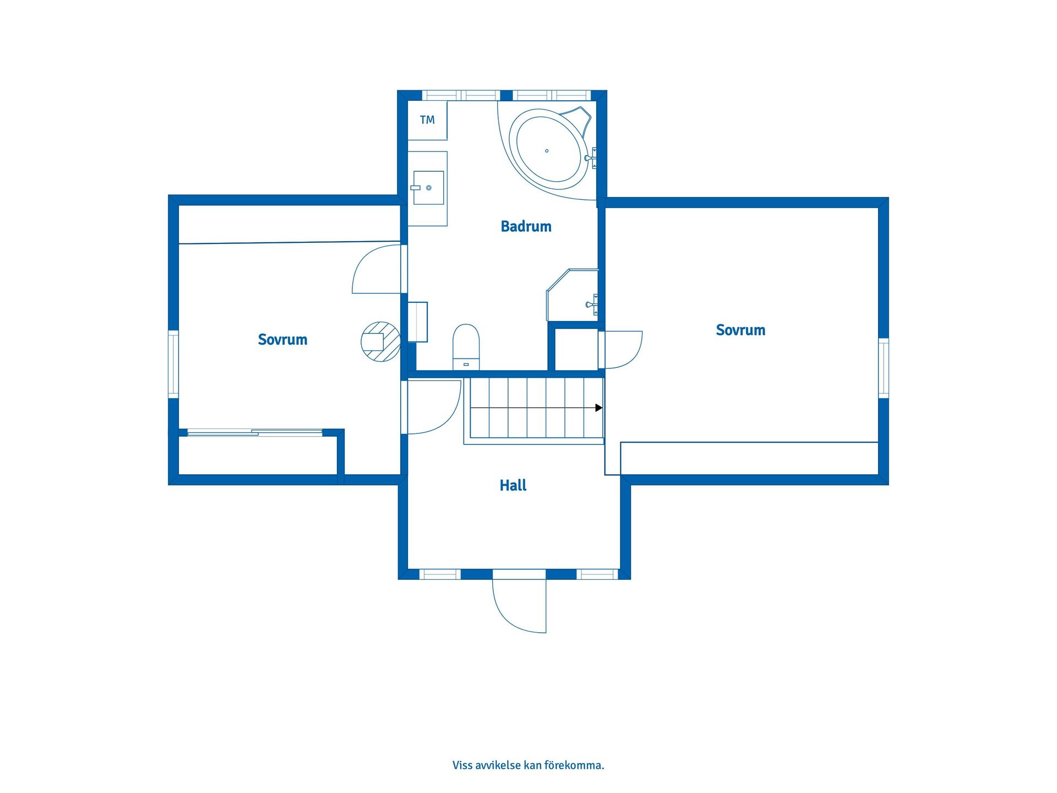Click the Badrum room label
526,226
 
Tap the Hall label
513,485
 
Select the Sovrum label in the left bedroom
282,339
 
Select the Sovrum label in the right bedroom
740,330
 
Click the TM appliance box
427,120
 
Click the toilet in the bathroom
466,346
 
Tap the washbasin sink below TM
428,188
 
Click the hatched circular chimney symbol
380,341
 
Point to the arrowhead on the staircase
599,408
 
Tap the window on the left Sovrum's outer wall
173,364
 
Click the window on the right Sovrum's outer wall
883,368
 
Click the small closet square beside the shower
576,349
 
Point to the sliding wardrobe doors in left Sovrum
255,433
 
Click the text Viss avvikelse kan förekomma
528,765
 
